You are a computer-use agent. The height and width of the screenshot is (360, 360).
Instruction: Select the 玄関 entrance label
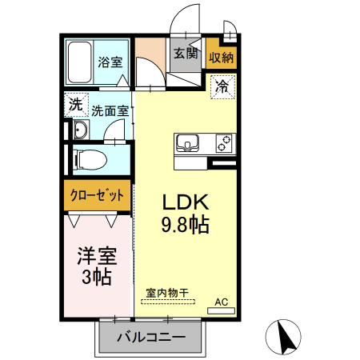pos(185,54)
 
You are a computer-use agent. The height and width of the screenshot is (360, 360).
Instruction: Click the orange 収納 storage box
pos(221,56)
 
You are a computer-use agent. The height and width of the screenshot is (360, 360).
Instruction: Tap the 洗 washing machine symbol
pos(74,103)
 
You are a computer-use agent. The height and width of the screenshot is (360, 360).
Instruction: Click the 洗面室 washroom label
pos(110,112)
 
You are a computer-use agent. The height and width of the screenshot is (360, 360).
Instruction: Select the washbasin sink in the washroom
pos(79,132)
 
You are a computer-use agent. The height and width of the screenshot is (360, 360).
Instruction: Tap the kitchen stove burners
pos(222,144)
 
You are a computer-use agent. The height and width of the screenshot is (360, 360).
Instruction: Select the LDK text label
pos(186,201)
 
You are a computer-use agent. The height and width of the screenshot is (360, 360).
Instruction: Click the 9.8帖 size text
pos(186,225)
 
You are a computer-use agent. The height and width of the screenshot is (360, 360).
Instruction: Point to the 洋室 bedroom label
pos(96,256)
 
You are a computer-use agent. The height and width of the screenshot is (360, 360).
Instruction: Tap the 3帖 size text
pos(96,278)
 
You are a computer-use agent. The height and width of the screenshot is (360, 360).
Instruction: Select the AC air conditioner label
pos(222,301)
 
